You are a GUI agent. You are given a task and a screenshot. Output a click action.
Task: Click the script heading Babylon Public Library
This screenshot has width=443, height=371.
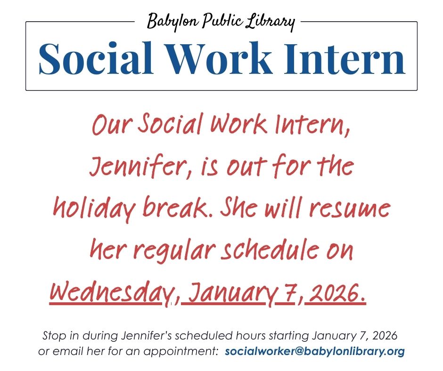(x=221, y=21)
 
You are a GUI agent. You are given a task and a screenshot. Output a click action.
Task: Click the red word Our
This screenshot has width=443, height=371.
(x=110, y=125)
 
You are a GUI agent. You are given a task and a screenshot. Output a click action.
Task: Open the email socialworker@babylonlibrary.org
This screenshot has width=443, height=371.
(x=315, y=351)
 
